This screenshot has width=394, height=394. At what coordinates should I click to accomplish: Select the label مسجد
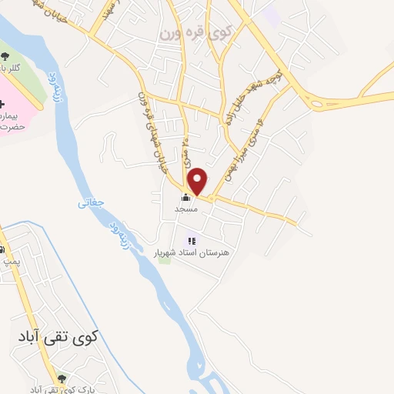[x=185, y=209]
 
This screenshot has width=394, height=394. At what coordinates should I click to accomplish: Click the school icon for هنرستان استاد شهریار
[x=192, y=241]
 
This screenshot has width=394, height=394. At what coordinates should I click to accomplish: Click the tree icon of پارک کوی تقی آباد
[x=62, y=377]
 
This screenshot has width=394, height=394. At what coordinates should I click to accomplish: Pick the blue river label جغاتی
[x=89, y=204]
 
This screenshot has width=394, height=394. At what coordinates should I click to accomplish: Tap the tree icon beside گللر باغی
[x=5, y=55]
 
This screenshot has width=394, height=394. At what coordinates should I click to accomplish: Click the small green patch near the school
[x=164, y=257]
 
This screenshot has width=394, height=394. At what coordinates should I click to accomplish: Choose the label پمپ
[x=10, y=262]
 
